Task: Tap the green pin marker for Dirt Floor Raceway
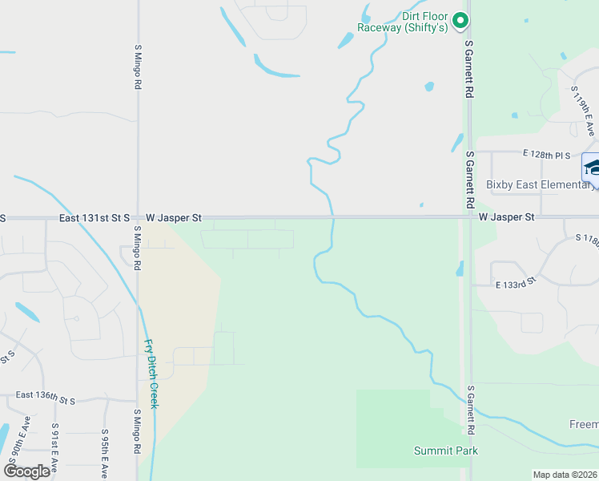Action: coord(460,21)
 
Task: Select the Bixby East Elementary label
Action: coord(540,185)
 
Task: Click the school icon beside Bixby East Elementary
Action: coord(591,168)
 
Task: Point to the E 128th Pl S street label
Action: coord(547,154)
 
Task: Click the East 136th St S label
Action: coord(45,397)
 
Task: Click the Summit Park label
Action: coord(446,451)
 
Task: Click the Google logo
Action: coord(27,471)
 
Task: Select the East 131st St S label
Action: coord(94,217)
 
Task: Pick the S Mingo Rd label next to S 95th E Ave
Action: coord(137,433)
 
